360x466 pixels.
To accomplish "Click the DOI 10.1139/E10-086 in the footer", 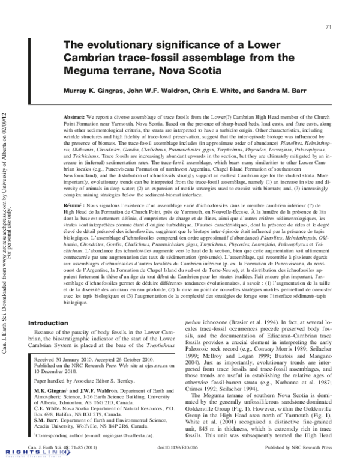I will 178,448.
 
